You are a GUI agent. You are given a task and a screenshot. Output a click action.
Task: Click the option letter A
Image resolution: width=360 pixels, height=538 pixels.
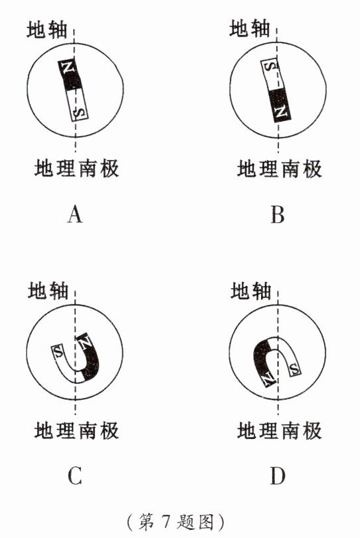coord(75,215)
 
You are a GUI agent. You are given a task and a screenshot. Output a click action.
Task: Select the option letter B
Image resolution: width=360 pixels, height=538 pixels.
coord(277,215)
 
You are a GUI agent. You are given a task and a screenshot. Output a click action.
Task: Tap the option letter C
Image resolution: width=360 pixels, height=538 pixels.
coord(75,476)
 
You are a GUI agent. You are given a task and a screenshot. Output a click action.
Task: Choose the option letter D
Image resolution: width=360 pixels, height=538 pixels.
coord(277,476)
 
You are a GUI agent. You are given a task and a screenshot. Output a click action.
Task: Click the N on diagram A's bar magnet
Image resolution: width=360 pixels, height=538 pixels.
coord(69,67)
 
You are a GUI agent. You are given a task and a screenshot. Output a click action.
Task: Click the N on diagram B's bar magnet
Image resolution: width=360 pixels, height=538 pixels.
coord(282,112)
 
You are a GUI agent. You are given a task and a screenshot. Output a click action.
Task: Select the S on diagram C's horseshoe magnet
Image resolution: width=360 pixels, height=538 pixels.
coord(58,351)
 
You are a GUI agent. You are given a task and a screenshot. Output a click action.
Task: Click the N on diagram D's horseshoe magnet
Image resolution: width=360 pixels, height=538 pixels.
coord(268,378)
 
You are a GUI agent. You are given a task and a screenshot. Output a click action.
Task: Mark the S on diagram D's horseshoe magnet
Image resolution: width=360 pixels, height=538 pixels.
coord(294,369)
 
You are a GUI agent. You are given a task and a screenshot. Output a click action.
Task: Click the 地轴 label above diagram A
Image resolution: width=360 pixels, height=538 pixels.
coord(47,29)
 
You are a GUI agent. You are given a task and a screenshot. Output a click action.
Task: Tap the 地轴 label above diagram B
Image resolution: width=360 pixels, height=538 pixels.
coord(250,28)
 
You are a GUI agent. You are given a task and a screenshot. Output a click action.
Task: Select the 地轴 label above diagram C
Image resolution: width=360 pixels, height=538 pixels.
coord(48,291)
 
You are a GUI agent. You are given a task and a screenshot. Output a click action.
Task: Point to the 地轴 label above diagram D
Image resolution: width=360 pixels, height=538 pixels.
coord(250,291)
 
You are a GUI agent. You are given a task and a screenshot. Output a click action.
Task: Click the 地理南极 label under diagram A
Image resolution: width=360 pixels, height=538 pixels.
coord(76,168)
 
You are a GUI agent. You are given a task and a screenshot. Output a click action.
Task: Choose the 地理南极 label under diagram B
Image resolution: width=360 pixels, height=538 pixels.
coord(280,169)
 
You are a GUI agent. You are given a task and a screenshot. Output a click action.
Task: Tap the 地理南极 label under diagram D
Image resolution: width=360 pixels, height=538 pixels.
coord(280,430)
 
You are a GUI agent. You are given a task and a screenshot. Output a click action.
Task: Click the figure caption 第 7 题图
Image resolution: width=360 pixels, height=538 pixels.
coord(176,522)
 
